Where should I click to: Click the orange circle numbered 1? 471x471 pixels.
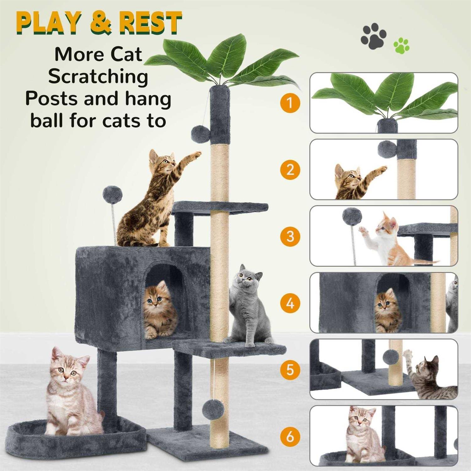[290, 102]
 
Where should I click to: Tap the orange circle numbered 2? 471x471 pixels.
[290, 169]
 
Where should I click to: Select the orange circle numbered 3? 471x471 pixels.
[290, 236]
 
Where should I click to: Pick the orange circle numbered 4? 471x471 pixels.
[290, 303]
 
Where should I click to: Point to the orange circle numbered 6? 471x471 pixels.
[290, 436]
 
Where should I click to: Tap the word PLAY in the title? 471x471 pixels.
[48, 23]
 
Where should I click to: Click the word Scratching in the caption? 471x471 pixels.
[98, 77]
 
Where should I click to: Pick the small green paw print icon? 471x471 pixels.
[401, 45]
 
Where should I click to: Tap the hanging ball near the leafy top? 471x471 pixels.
[201, 133]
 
